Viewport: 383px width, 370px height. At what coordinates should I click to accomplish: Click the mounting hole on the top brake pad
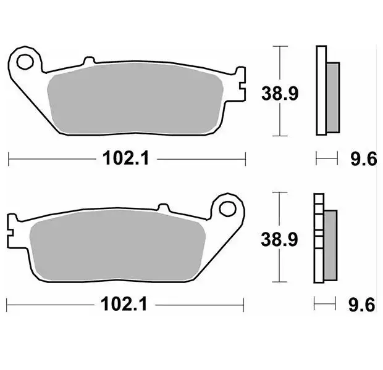tap(25, 62)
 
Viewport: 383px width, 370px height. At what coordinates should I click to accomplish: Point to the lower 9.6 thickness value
tap(362, 304)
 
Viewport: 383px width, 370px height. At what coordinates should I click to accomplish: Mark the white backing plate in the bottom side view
tap(318, 237)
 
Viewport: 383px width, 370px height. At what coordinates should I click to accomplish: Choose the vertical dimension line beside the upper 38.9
tap(281, 91)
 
